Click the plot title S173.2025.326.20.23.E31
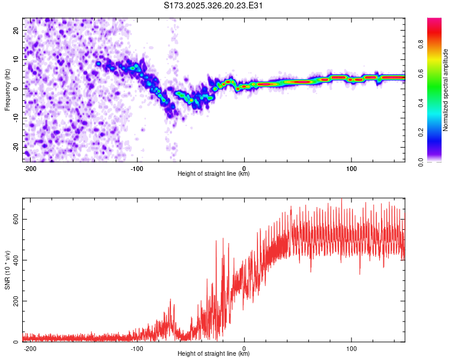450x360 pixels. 214,5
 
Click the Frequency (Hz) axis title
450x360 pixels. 7,90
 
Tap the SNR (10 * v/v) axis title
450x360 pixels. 7,269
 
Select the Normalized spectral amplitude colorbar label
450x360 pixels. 445,90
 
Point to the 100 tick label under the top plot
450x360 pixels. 351,168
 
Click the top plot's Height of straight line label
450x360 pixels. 214,174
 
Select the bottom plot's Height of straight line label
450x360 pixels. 214,354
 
